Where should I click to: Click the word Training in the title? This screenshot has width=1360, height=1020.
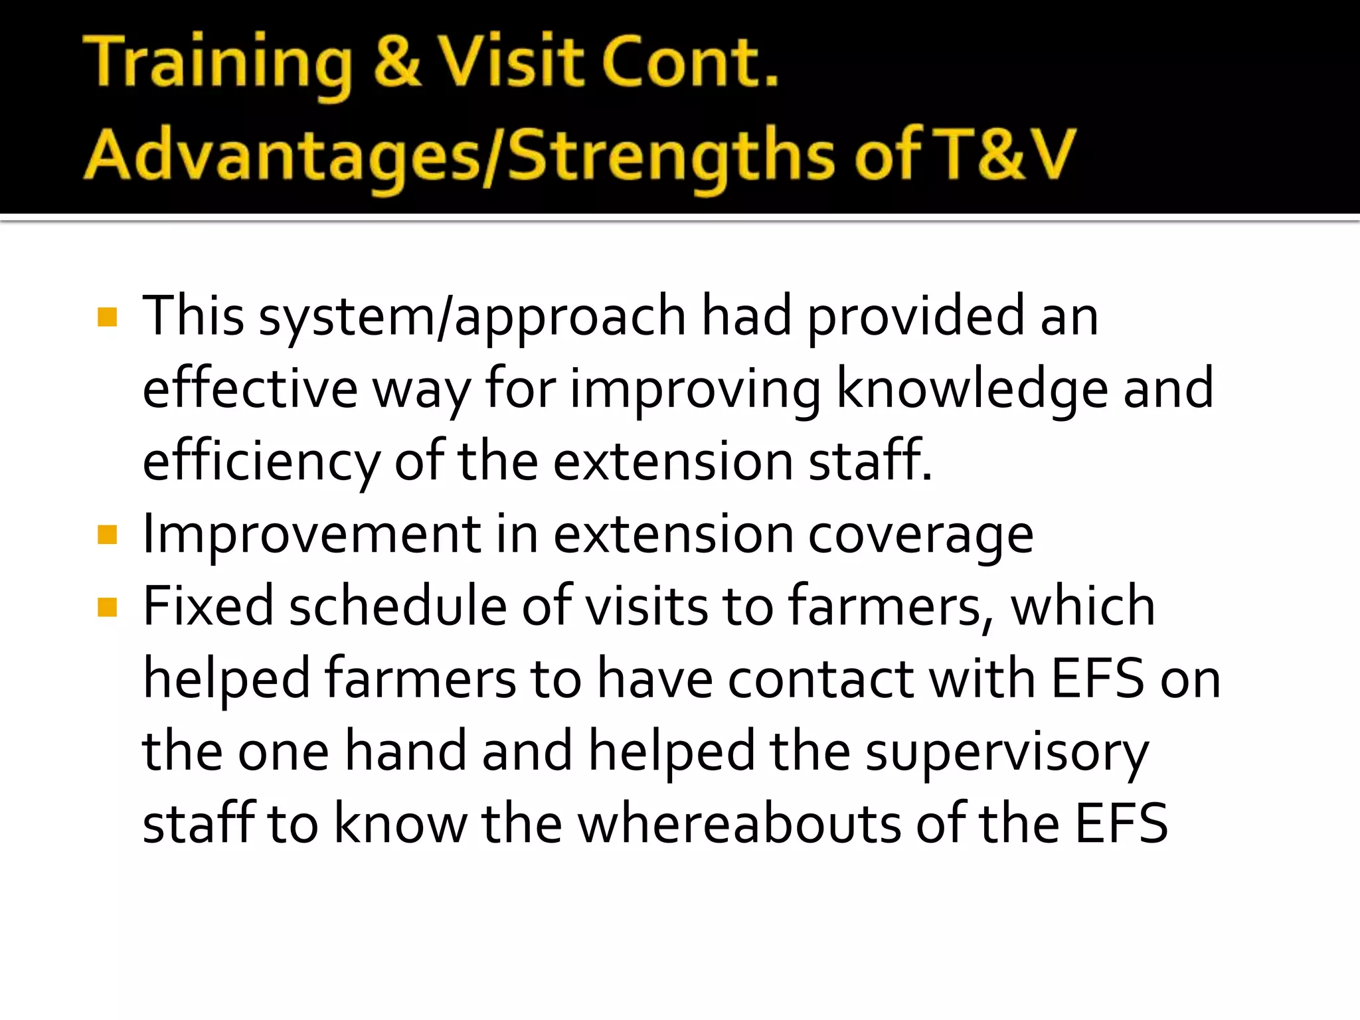click(x=219, y=63)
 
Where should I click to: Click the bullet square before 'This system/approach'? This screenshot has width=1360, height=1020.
click(x=107, y=317)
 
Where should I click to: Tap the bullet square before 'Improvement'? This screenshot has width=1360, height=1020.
click(x=107, y=535)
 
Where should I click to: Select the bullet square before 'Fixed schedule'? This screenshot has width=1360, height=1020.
click(x=107, y=607)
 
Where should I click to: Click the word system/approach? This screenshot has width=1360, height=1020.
click(x=472, y=317)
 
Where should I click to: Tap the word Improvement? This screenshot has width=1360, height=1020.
click(x=311, y=535)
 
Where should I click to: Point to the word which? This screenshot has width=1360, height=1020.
click(x=1082, y=607)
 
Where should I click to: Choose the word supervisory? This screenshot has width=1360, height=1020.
click(x=1007, y=752)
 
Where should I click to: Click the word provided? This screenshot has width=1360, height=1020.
click(x=916, y=317)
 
